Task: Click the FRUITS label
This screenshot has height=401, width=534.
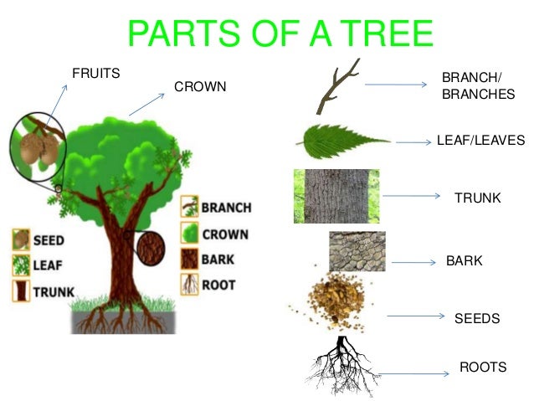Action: pos(95,73)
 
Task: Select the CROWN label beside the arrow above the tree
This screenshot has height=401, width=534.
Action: pos(200,87)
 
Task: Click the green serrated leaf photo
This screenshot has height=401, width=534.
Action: pos(341,140)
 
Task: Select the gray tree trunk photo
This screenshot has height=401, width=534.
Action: pos(336,197)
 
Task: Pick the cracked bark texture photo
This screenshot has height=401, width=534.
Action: pos(358,250)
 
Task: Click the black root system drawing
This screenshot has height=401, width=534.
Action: pos(341,364)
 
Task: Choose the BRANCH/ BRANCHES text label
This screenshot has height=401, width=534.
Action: pos(478,86)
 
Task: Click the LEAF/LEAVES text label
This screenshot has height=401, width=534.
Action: pos(480,140)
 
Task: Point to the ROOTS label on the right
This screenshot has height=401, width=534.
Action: pos(483,367)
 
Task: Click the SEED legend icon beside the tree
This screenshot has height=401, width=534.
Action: pos(19,240)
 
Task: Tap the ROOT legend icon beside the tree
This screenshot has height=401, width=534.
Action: pos(189,285)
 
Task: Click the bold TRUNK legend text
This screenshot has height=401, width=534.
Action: pos(54,293)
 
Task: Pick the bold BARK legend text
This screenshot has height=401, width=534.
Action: pos(219,260)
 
